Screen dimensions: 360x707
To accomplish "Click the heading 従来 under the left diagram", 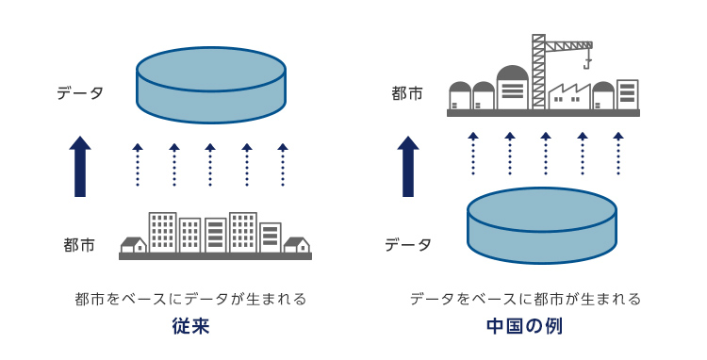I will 190,328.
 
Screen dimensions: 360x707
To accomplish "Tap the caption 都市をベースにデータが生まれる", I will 191,300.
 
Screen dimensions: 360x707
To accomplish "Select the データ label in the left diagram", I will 80,93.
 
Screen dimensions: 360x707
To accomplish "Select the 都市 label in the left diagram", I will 79,245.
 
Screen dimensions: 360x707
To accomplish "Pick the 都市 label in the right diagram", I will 407,93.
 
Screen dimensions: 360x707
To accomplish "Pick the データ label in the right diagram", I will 407,245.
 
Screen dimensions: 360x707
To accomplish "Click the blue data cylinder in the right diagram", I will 542,226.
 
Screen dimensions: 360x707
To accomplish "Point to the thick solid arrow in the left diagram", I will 80,167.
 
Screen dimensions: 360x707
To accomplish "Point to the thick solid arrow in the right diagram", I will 407,167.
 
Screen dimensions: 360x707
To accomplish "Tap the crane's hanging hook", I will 586,65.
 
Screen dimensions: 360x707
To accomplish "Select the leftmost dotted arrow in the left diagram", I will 138,164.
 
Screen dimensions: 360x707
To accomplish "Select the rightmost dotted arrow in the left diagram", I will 283,164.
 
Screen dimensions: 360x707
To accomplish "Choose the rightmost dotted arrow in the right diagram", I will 618,153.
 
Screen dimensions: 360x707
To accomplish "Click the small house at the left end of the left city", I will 133,245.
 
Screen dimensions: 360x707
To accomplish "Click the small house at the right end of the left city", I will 297,245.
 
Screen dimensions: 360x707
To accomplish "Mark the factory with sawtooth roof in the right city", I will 568,97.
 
